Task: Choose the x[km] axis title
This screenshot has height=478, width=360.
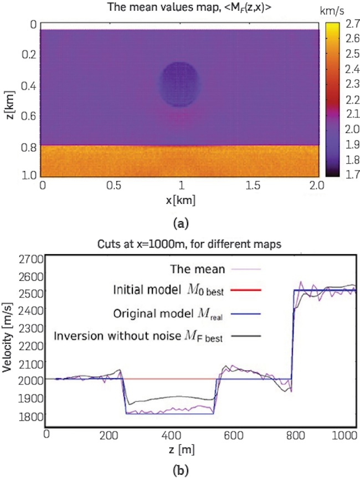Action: click(181, 199)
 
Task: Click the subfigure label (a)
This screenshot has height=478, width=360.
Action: click(181, 223)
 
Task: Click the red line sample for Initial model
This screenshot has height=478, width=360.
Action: click(244, 290)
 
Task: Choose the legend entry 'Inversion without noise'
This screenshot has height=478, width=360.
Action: click(138, 335)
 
